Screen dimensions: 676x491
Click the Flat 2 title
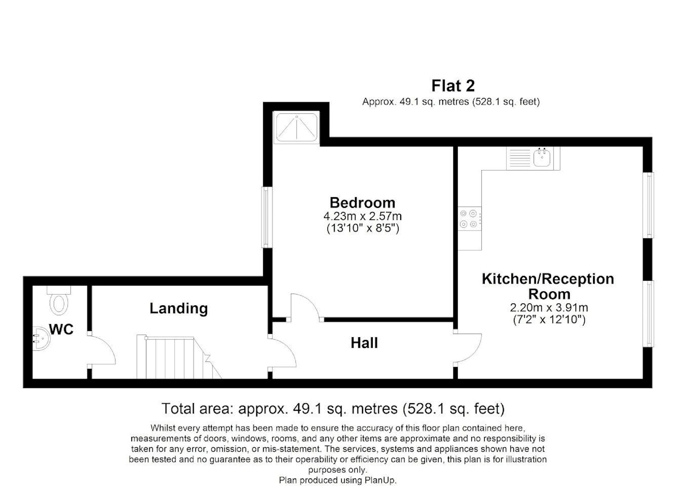[453, 86]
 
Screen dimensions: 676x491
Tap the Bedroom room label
[363, 203]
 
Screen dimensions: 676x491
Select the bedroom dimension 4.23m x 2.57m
[363, 216]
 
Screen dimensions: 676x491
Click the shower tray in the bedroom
[296, 127]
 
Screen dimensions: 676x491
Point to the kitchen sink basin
[542, 157]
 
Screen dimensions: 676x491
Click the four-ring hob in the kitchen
[469, 219]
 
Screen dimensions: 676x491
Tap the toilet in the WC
[59, 300]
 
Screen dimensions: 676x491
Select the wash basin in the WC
[40, 339]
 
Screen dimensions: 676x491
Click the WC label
[61, 329]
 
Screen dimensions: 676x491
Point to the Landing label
[179, 309]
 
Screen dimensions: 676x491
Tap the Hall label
[364, 343]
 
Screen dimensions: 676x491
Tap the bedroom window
[267, 218]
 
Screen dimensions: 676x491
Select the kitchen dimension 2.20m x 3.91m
[549, 308]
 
